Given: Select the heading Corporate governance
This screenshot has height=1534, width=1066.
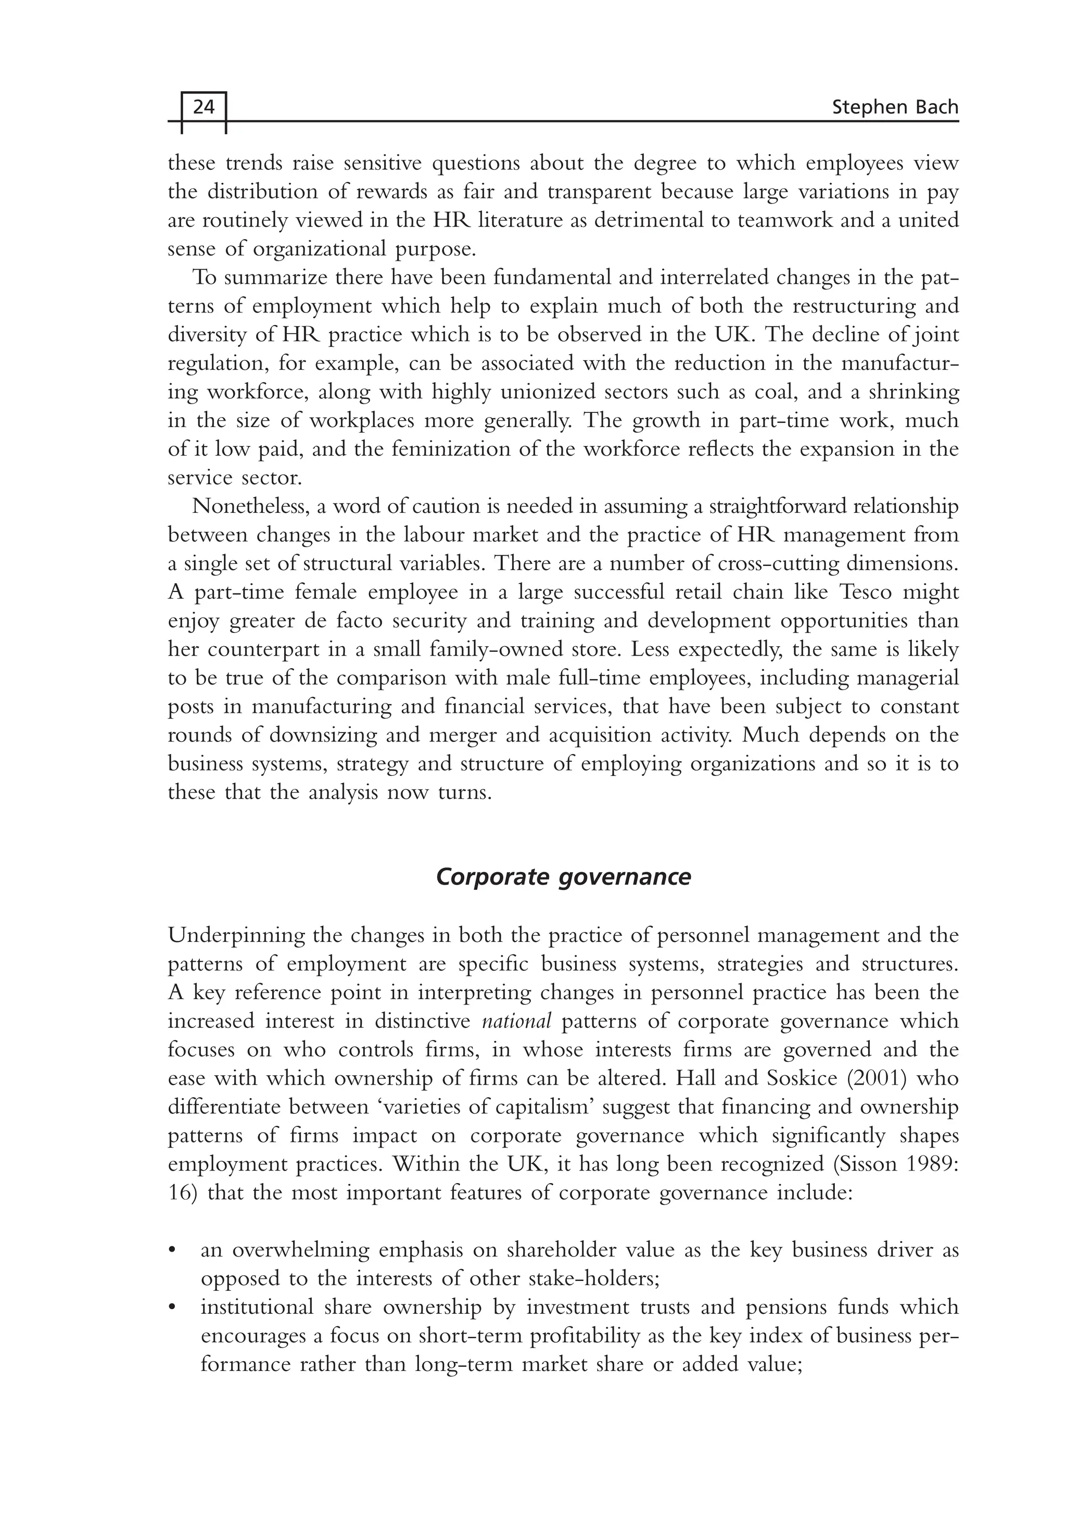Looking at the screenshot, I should (x=563, y=877).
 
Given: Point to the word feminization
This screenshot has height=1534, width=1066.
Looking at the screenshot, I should (x=451, y=449).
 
